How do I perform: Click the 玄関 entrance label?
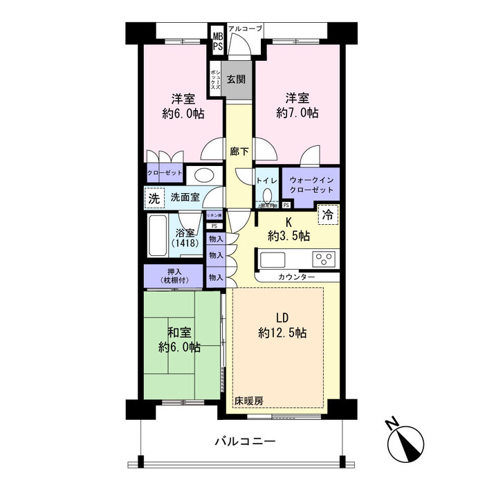(236, 80)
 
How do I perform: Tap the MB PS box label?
(217, 41)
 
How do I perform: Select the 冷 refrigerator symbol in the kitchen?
(329, 214)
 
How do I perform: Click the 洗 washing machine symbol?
(154, 197)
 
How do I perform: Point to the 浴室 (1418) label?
(186, 238)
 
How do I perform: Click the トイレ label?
(267, 180)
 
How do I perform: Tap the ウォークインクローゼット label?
(311, 185)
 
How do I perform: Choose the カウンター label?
(297, 277)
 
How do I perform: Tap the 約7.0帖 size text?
(297, 112)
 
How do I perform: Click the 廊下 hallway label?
(239, 151)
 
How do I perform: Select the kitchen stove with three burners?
(322, 259)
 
